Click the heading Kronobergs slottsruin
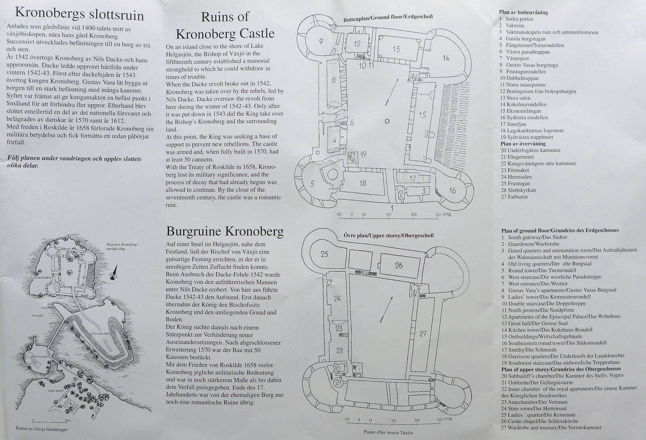[79, 14]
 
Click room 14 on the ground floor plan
[445, 58]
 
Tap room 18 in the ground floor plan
[363, 183]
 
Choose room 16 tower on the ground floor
[452, 190]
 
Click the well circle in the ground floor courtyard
[387, 121]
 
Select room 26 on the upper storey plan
[399, 266]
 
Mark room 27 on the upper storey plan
[423, 334]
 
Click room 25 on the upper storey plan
[324, 254]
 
